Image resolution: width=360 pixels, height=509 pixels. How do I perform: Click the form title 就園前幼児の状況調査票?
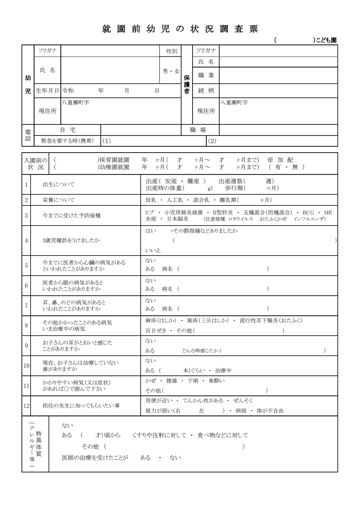[x=180, y=29]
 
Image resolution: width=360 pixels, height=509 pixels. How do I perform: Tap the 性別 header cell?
[x=172, y=51]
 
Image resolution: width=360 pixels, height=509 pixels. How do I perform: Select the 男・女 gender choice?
[x=171, y=71]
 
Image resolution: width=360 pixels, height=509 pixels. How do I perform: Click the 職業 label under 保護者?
[x=206, y=75]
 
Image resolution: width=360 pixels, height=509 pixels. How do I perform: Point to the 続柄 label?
[x=206, y=91]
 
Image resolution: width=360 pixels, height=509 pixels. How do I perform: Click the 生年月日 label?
[x=47, y=91]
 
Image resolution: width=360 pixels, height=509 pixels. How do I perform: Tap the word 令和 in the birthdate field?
[x=68, y=91]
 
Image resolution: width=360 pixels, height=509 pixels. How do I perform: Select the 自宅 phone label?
[x=68, y=130]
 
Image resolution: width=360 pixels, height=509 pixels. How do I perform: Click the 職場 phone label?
[x=198, y=130]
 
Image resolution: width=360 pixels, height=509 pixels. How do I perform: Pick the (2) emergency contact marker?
[x=212, y=141]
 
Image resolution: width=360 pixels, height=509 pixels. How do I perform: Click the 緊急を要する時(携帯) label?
[x=67, y=141]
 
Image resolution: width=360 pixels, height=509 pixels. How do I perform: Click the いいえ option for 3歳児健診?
[x=153, y=250]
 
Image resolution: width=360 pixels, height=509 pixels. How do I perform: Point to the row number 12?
[x=26, y=406]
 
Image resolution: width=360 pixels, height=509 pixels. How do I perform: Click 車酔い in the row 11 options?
[x=217, y=381]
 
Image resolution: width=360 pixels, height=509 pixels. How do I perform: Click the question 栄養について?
[x=58, y=200]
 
